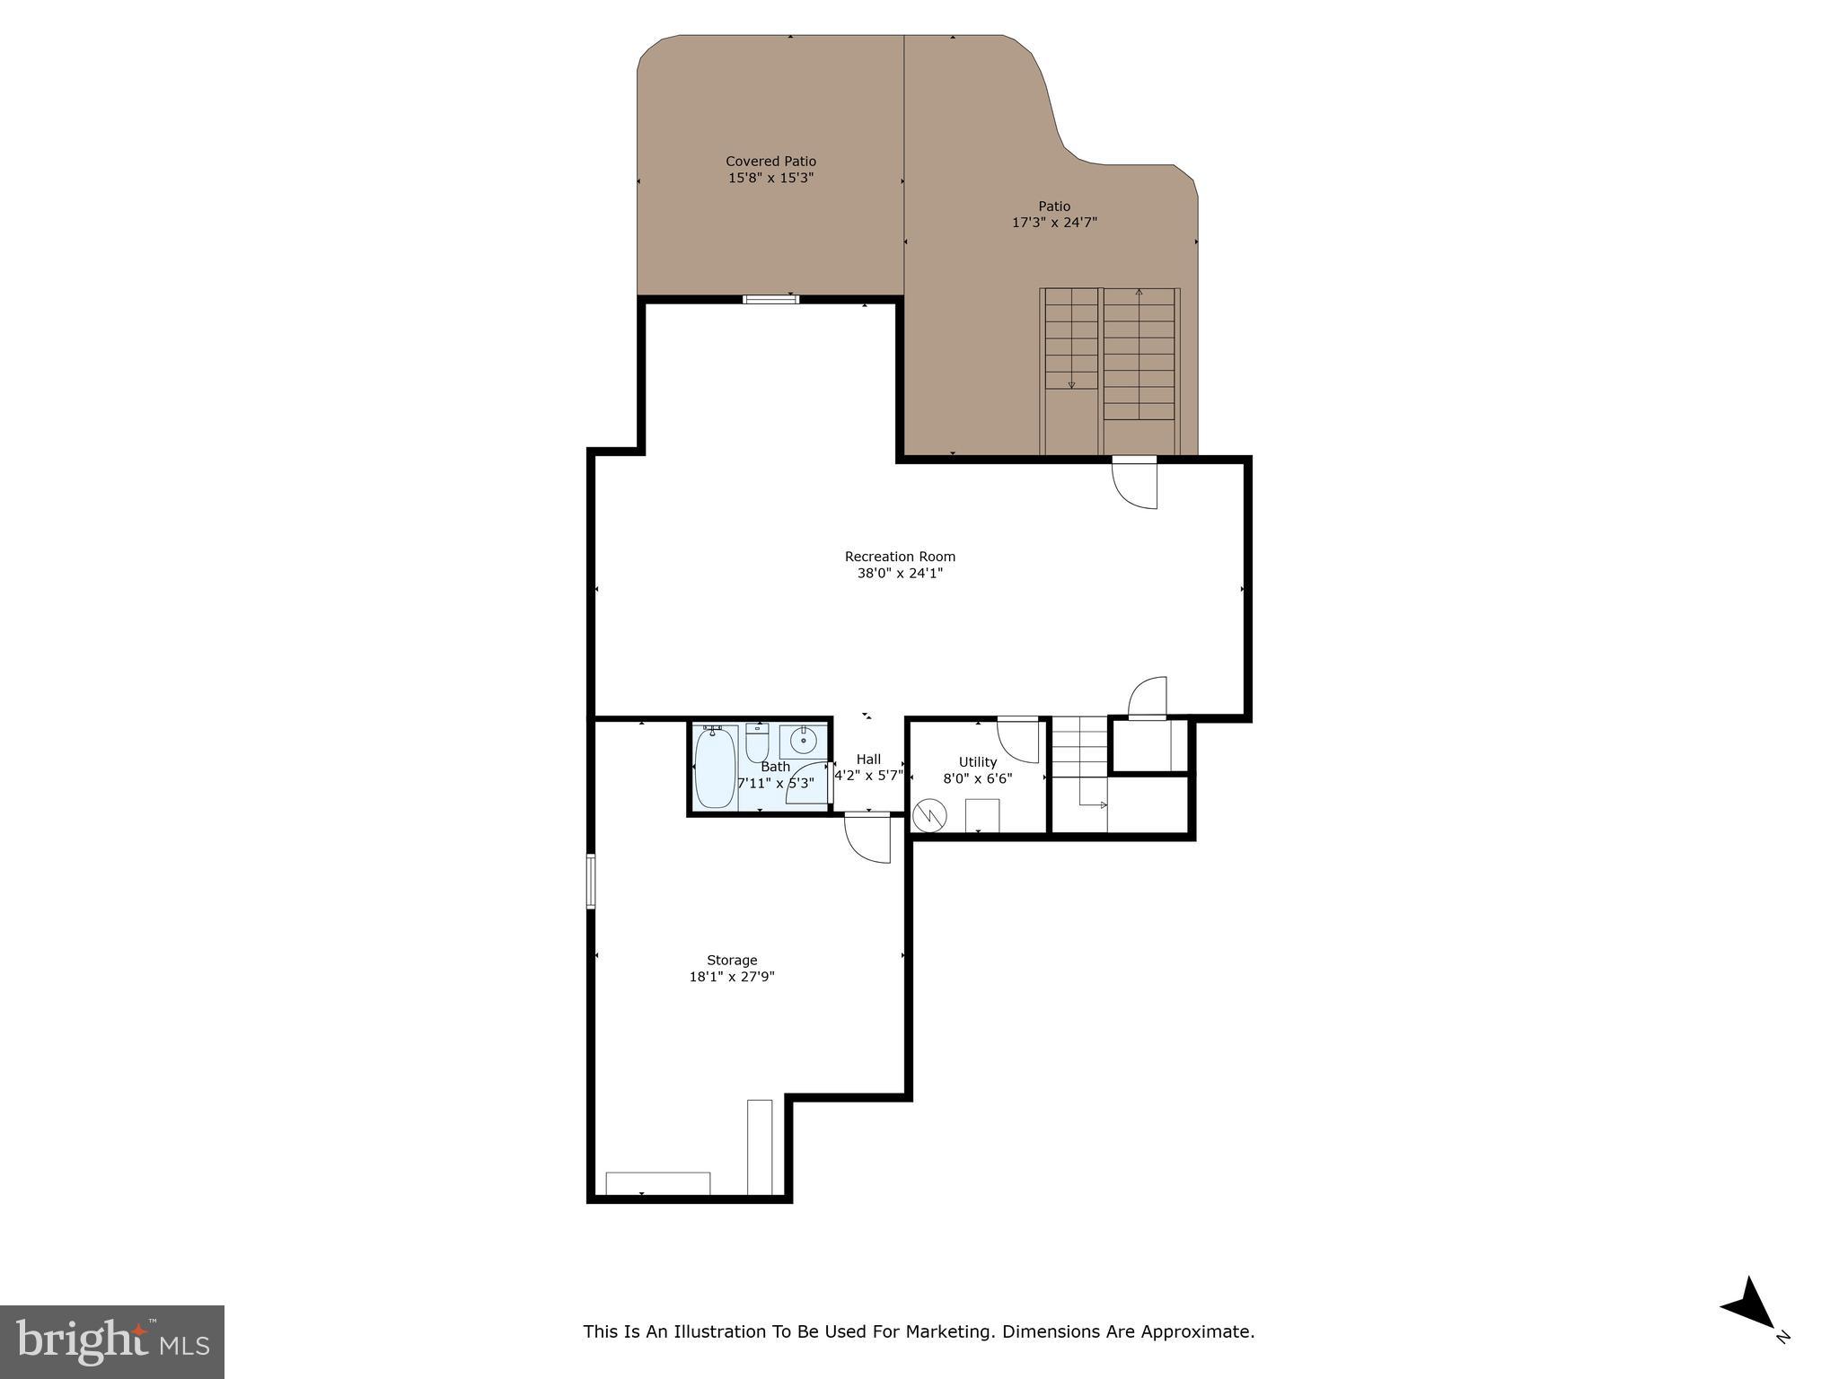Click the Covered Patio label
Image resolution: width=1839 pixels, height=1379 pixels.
point(770,162)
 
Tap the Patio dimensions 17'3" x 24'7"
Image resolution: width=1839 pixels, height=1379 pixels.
point(1054,223)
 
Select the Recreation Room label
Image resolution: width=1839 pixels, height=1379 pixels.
point(900,557)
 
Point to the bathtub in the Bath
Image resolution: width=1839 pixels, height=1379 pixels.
point(715,768)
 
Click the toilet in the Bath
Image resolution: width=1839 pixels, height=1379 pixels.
point(757,742)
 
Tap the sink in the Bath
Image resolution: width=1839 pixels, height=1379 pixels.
point(802,741)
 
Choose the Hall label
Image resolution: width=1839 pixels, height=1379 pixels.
point(868,760)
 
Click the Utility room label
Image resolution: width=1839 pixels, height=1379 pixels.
point(977,762)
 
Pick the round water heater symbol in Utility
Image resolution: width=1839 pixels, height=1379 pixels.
point(929,815)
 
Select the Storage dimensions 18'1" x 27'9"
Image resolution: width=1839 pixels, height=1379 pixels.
point(732,977)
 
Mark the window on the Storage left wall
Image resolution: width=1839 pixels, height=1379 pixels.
point(591,881)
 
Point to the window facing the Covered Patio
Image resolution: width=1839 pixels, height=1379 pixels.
point(770,300)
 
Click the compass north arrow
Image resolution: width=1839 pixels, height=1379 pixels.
point(1751,1307)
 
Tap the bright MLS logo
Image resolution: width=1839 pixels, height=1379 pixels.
point(112,1341)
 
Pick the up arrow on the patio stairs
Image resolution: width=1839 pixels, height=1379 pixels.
point(1139,293)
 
